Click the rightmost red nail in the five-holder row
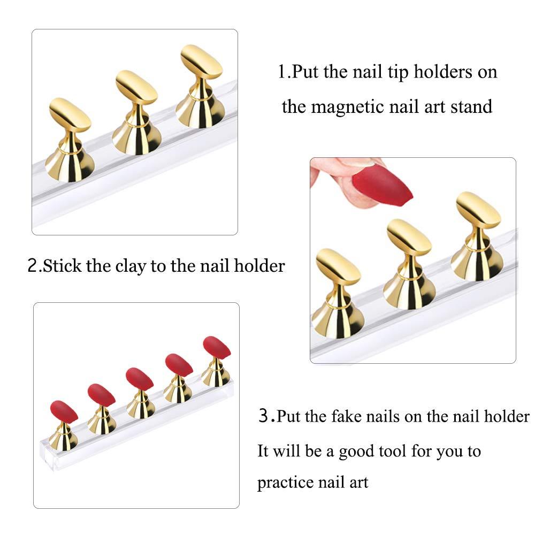coord(217,347)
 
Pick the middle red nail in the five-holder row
coord(140,379)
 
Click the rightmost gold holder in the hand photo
coord(478,235)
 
